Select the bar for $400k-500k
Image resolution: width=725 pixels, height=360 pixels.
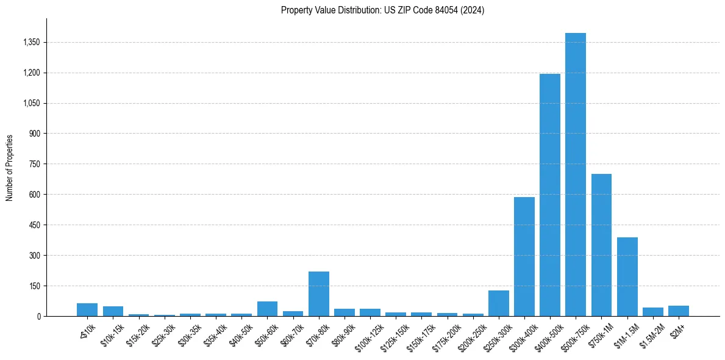point(549,195)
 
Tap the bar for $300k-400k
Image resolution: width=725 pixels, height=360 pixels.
point(524,257)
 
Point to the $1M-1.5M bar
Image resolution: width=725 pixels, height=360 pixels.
point(627,277)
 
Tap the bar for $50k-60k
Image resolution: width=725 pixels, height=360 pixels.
point(267,309)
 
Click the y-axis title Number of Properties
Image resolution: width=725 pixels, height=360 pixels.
point(10,168)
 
